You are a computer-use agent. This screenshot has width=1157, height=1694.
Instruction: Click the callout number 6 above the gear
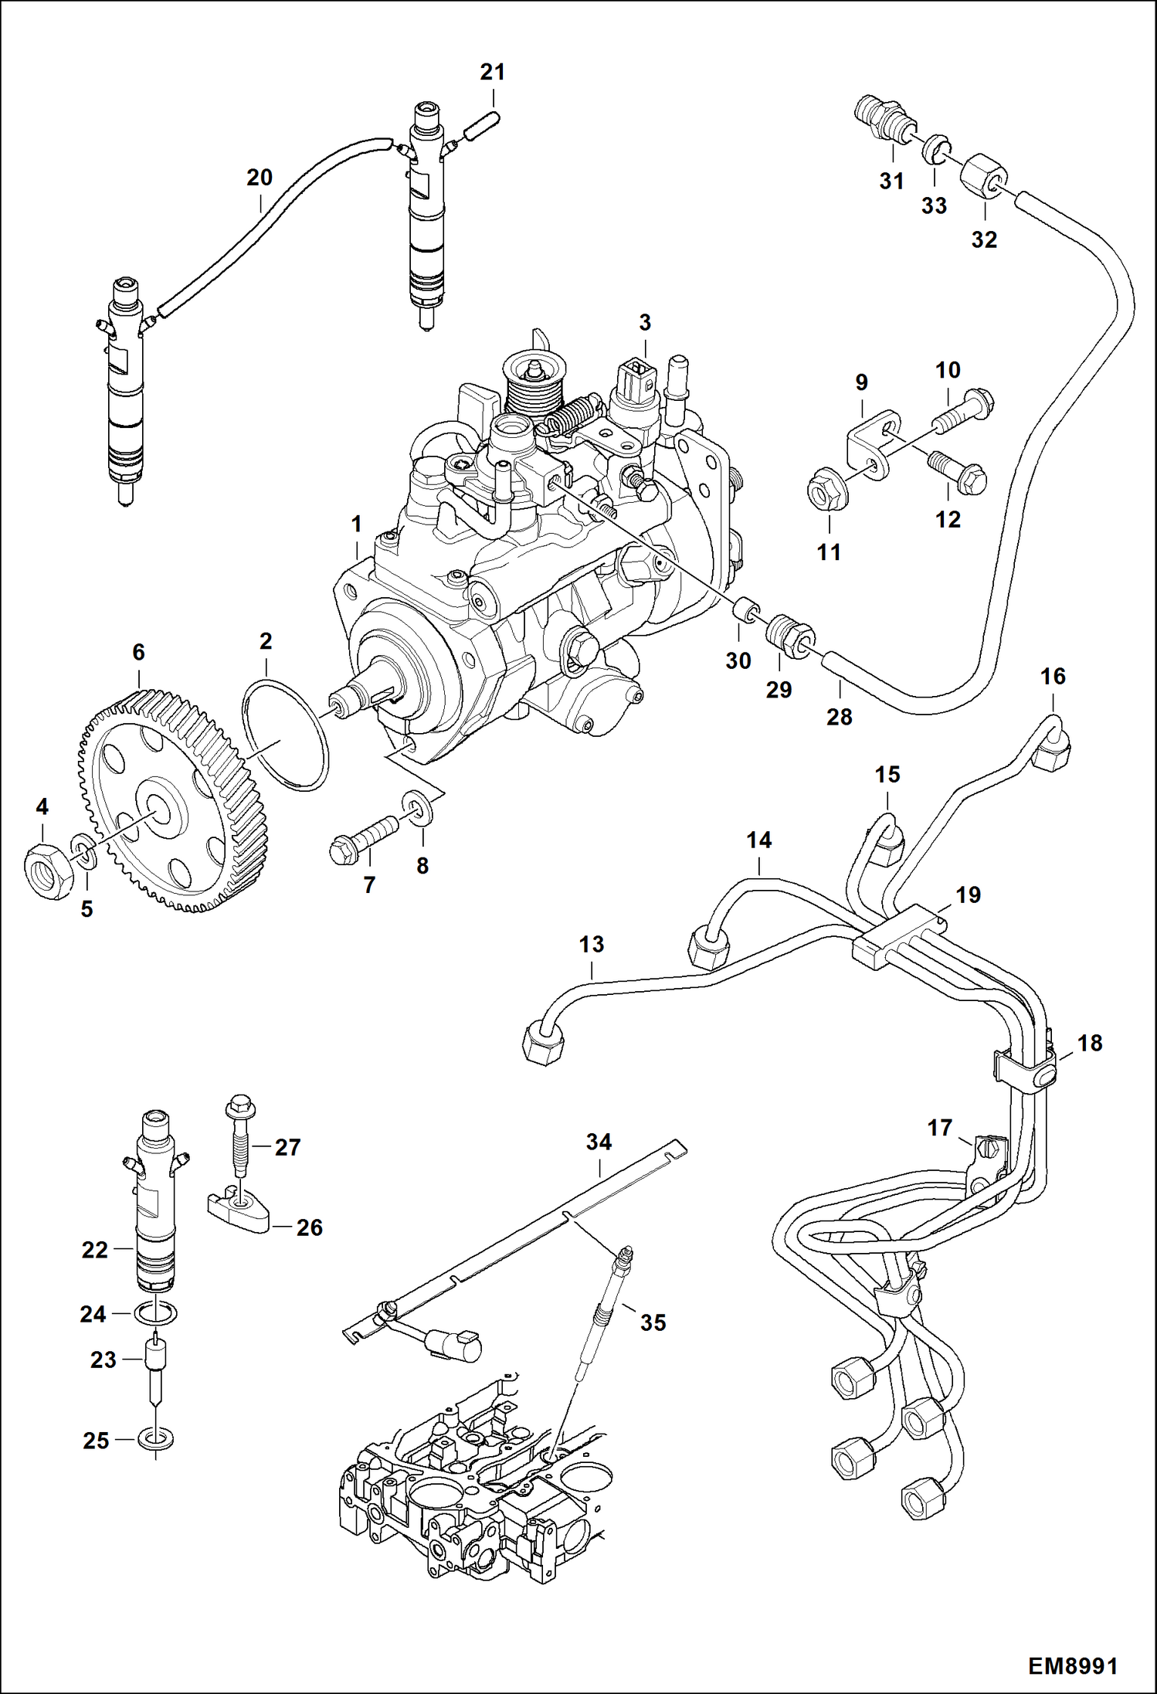(138, 653)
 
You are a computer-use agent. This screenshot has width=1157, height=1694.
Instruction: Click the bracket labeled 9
(871, 444)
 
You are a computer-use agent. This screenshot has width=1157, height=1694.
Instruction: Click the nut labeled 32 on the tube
(981, 176)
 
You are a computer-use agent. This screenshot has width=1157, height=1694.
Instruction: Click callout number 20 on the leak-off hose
(260, 178)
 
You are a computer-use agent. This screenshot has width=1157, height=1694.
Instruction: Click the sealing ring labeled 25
(155, 1439)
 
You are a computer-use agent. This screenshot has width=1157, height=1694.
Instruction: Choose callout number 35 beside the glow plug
(653, 1322)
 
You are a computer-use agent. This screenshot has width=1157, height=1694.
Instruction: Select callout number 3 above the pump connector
(645, 322)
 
